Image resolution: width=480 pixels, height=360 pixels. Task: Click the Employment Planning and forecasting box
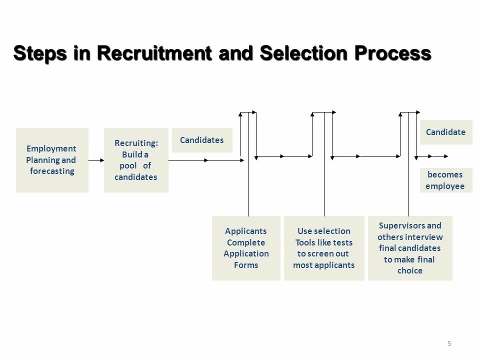pos(52,160)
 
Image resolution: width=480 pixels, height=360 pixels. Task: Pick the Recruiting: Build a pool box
pos(136,160)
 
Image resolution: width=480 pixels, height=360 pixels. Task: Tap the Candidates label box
pos(202,140)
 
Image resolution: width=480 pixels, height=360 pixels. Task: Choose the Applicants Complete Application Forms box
pos(246,248)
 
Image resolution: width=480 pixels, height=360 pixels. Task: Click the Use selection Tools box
pos(324,248)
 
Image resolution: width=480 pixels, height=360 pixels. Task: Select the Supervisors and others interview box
pos(410,248)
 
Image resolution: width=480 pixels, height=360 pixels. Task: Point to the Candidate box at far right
pos(445,132)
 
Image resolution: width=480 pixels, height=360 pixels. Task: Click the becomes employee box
pos(445,180)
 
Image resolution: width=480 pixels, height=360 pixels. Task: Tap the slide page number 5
pos(449,343)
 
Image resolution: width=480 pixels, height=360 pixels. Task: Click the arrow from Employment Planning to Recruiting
pos(96,160)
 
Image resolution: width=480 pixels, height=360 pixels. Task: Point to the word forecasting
pos(52,171)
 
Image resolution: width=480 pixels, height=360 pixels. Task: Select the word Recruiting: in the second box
pos(136,143)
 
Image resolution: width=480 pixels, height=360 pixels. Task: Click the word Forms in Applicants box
pos(246,265)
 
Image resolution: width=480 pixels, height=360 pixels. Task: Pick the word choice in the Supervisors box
pos(410,270)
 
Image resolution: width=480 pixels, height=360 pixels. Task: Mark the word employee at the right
pos(445,186)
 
